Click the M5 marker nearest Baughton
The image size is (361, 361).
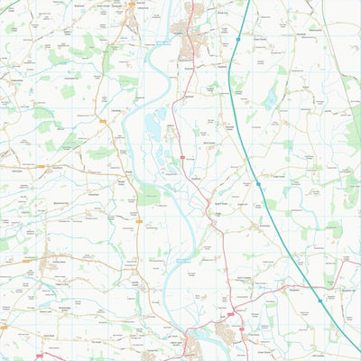coord(319,301)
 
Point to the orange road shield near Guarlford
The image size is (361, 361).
coord(41,167)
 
